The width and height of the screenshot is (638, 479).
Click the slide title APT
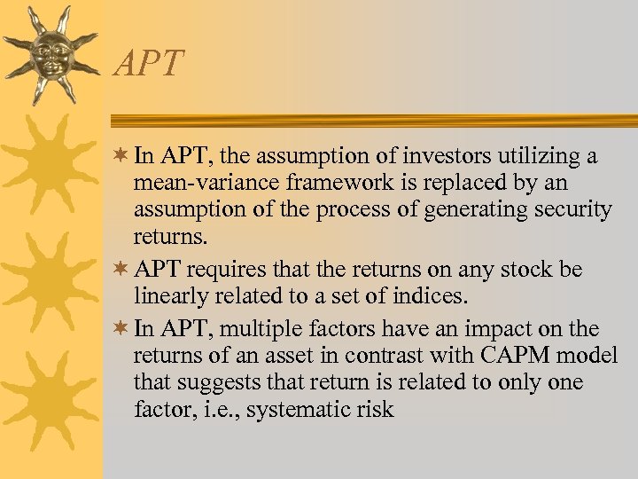click(149, 64)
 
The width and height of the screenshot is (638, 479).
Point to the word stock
click(522, 270)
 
